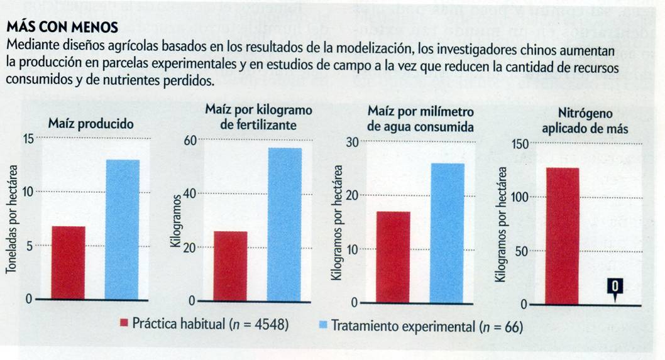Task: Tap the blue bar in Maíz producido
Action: coord(123,229)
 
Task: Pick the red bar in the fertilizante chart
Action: coord(230,266)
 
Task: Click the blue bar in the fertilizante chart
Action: coord(285,224)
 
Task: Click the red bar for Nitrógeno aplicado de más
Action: coord(563,236)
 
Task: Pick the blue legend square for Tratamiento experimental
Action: coord(322,324)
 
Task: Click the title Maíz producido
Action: coord(91,124)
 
